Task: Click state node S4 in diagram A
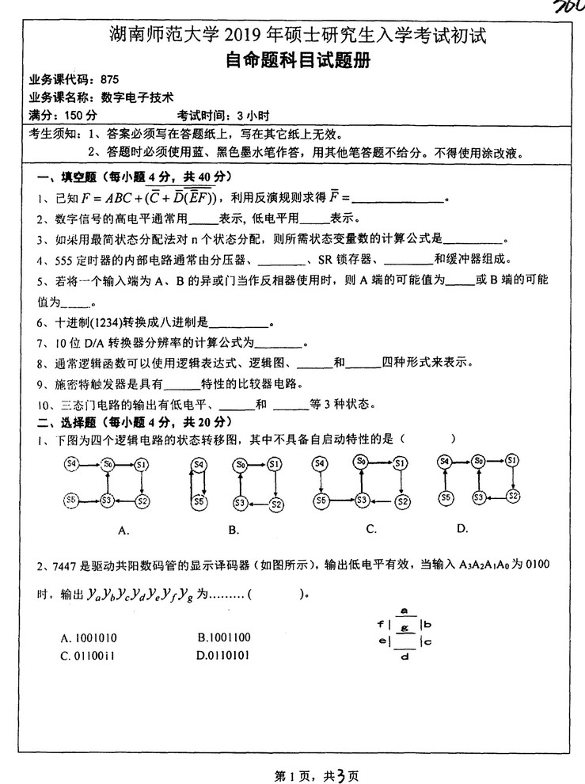click(x=72, y=462)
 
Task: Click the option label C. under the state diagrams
click(x=371, y=528)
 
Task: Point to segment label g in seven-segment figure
click(x=405, y=626)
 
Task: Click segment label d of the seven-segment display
click(x=405, y=657)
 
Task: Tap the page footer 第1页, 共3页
click(x=292, y=771)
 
